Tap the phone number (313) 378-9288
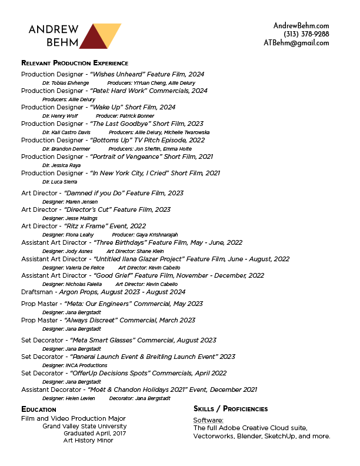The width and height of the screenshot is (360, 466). click(306, 34)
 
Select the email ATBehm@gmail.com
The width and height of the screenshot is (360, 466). click(296, 43)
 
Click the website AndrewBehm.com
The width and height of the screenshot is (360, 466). click(301, 25)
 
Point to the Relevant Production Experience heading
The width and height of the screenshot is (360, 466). click(75, 63)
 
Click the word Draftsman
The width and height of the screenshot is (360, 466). click(39, 292)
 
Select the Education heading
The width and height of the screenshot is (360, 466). click(39, 410)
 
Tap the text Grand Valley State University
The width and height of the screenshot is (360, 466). click(84, 426)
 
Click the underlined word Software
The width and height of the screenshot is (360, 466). click(208, 420)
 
